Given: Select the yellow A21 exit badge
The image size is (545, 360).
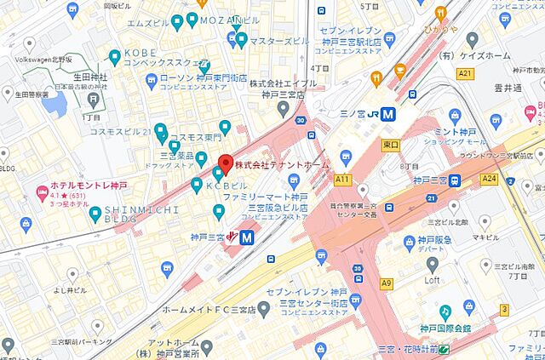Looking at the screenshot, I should pos(464,75).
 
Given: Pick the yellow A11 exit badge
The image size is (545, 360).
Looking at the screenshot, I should pos(343,180).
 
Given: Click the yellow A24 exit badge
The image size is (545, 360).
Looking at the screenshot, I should pos(488,180).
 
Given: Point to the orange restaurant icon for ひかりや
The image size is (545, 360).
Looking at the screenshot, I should pos(440,13).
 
